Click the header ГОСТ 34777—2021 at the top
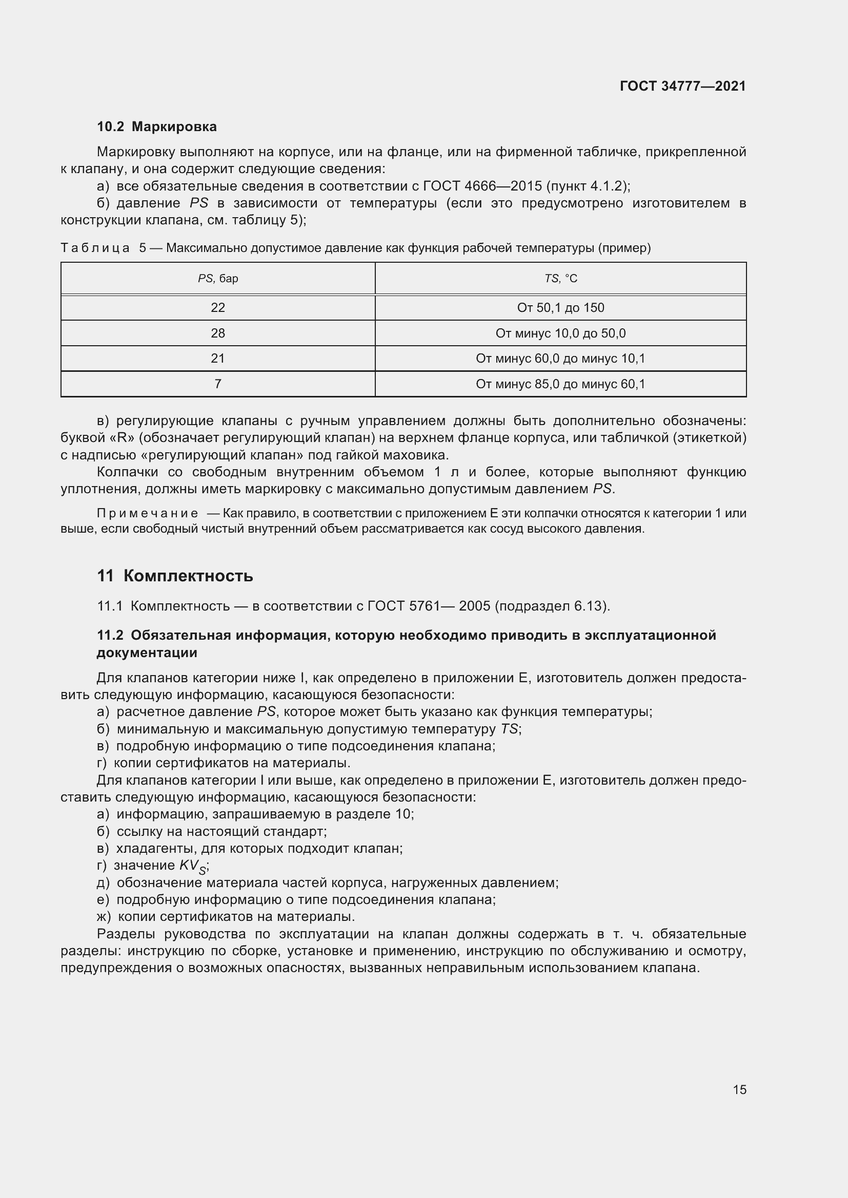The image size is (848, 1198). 682,86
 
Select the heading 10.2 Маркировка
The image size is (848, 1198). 157,127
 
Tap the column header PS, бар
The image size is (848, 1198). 218,279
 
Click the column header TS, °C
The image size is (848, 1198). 560,279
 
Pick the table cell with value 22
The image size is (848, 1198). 218,308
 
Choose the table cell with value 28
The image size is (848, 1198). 218,333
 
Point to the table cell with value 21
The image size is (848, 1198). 218,359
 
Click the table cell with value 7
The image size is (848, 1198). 218,384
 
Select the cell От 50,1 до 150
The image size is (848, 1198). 560,308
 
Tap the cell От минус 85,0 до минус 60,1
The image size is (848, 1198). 560,384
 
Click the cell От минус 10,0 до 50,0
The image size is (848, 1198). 560,333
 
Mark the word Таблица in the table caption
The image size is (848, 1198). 95,248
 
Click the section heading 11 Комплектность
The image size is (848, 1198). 175,576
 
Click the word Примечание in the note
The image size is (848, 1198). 147,513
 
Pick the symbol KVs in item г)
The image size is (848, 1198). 193,866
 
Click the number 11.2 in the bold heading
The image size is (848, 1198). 110,636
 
